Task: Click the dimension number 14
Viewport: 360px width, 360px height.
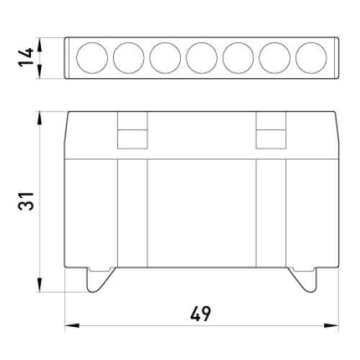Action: tap(26, 57)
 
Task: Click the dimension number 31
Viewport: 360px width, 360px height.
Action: tap(26, 201)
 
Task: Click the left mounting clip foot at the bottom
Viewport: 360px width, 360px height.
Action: tap(96, 281)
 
